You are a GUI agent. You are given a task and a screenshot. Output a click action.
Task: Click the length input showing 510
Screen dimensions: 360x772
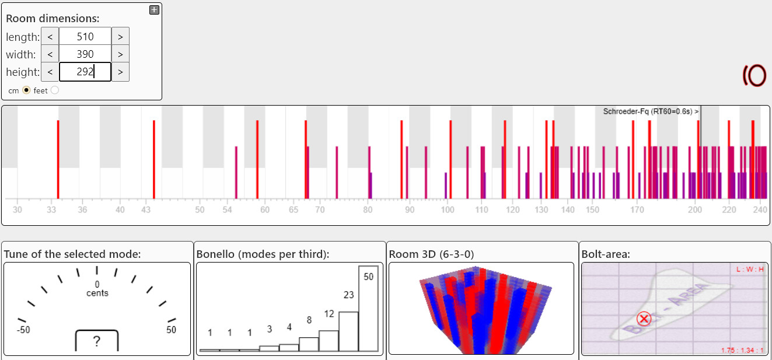click(85, 36)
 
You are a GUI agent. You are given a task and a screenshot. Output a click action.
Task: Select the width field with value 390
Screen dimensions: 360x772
click(85, 54)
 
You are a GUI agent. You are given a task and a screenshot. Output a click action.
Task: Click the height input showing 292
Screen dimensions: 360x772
click(85, 72)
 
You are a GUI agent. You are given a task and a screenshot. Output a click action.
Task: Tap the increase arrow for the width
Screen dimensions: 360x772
click(120, 54)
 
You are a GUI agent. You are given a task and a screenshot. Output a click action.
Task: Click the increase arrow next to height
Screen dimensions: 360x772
click(120, 72)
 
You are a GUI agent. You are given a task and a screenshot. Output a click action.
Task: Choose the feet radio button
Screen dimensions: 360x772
click(55, 90)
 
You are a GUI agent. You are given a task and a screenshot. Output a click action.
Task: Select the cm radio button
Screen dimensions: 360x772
click(26, 90)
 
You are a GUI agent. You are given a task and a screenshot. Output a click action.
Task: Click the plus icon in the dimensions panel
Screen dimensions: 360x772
click(154, 9)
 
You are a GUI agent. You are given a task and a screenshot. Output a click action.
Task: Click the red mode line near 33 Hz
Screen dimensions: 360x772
click(58, 159)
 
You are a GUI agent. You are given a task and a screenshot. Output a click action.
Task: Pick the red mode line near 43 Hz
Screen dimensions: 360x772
click(153, 159)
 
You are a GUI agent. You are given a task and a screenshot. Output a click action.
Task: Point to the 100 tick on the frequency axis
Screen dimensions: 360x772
click(447, 209)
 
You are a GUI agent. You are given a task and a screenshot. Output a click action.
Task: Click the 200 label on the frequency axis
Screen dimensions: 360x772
click(695, 209)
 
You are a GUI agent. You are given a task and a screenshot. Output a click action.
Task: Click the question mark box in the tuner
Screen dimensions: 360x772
click(97, 341)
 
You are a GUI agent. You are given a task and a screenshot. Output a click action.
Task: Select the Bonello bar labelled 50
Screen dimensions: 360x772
click(368, 309)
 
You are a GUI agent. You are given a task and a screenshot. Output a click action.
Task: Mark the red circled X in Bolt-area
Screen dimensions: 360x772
click(644, 319)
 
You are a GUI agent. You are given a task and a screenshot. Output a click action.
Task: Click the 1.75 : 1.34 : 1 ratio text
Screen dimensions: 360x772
click(742, 350)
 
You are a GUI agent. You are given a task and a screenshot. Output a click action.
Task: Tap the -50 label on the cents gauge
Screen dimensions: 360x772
click(23, 330)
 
